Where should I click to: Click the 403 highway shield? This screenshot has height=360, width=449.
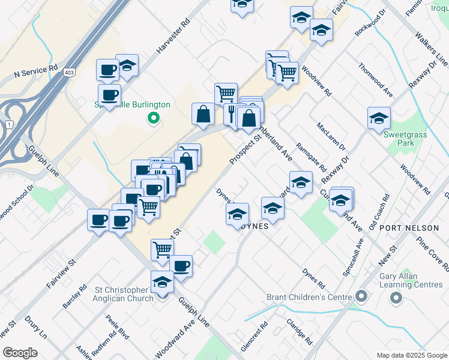pyautogui.click(x=70, y=72)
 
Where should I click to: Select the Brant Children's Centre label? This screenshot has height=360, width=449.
pyautogui.click(x=312, y=297)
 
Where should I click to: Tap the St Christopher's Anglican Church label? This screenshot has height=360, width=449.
pyautogui.click(x=125, y=294)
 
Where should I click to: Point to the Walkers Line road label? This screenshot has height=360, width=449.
pyautogui.click(x=432, y=47)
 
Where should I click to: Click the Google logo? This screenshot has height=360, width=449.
pyautogui.click(x=20, y=353)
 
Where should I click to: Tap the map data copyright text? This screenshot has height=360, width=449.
pyautogui.click(x=412, y=355)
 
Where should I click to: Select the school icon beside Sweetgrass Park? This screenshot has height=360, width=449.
pyautogui.click(x=379, y=119)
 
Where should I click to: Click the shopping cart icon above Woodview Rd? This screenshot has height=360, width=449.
pyautogui.click(x=287, y=73)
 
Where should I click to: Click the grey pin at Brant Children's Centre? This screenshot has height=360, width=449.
pyautogui.click(x=361, y=296)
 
